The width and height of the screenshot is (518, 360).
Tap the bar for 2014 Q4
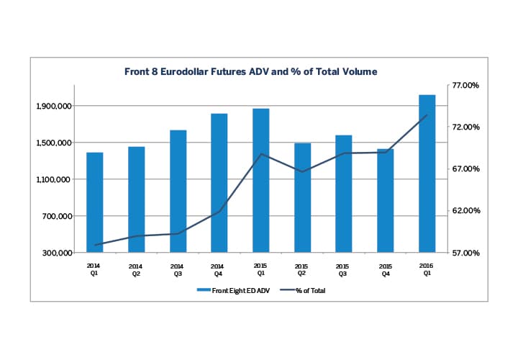coord(219,183)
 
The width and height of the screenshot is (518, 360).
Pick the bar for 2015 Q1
coord(260,180)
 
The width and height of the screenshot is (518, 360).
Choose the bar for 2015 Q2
coord(302,197)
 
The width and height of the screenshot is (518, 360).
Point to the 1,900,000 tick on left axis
coord(55,107)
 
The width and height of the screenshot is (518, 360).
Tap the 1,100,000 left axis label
coord(55,180)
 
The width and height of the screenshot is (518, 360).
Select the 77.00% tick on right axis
coord(464,86)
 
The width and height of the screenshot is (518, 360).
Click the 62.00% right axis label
coord(464,211)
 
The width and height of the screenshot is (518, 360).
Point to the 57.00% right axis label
coord(464,253)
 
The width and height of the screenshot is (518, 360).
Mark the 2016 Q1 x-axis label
coord(427,270)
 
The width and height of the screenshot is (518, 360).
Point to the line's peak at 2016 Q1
coord(427,115)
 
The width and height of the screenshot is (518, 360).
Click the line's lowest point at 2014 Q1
coord(95,246)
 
